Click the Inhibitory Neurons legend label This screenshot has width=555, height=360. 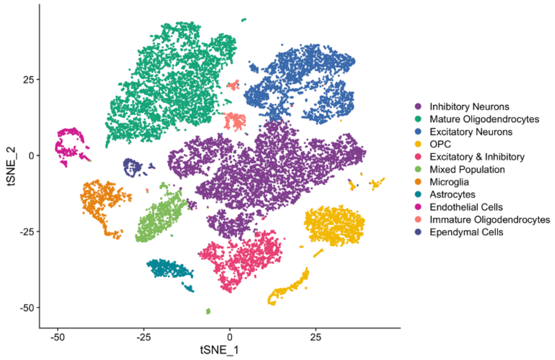pos(469,107)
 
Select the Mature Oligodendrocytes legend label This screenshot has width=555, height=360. pos(484,119)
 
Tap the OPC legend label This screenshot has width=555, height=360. pos(440,144)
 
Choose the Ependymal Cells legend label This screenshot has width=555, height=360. pos(466,232)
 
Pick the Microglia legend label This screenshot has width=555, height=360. pos(449,182)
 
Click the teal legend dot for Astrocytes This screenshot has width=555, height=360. pos(418,194)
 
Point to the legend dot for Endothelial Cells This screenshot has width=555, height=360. pos(418,207)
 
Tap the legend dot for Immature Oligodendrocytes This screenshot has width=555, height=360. pos(418,219)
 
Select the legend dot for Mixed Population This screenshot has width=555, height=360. pos(418,169)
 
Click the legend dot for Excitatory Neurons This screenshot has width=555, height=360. pos(418,132)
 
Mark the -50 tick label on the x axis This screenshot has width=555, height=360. pos(57,337)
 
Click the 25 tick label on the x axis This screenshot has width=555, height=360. pos(315,337)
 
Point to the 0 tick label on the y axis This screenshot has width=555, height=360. pos(31,156)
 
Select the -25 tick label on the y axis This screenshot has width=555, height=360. pos(27,232)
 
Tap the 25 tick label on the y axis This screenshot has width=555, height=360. pos(28,80)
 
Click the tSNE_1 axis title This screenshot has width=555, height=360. pos(219,350)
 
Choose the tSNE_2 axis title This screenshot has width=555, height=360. pos(11,166)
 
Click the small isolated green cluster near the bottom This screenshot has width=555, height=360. pos(208,311)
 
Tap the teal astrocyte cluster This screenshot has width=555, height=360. pos(169,269)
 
